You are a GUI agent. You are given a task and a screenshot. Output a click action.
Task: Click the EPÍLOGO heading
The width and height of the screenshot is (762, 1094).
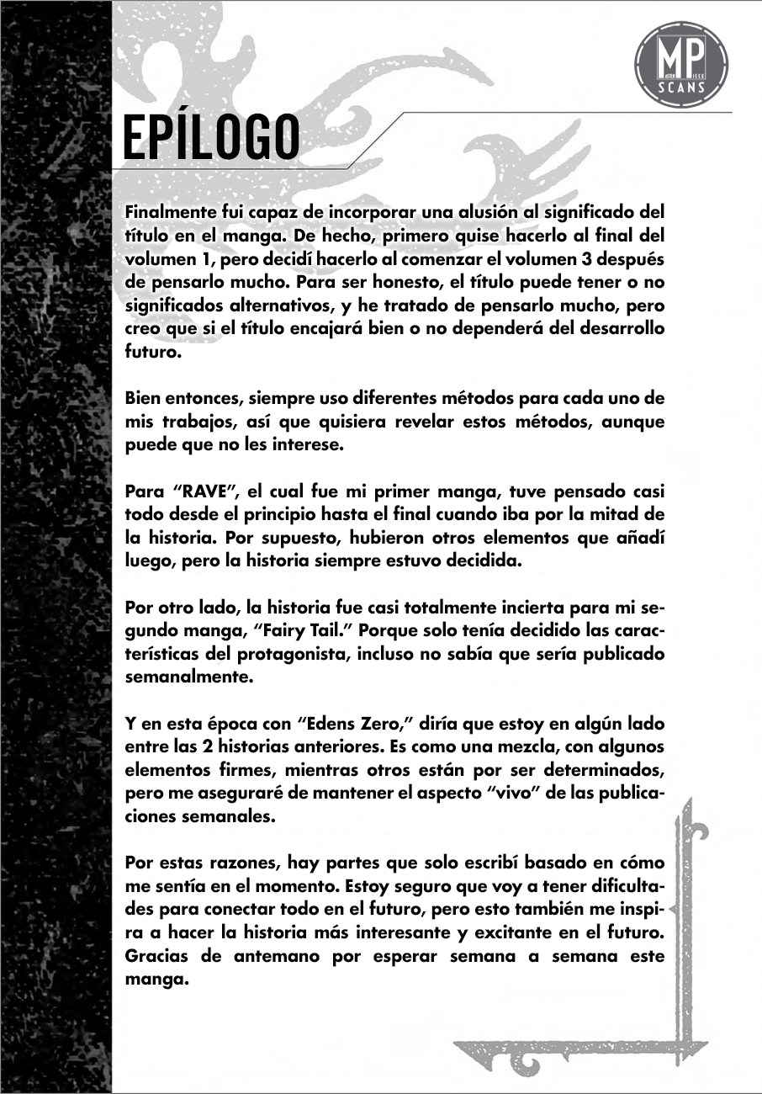210,138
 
